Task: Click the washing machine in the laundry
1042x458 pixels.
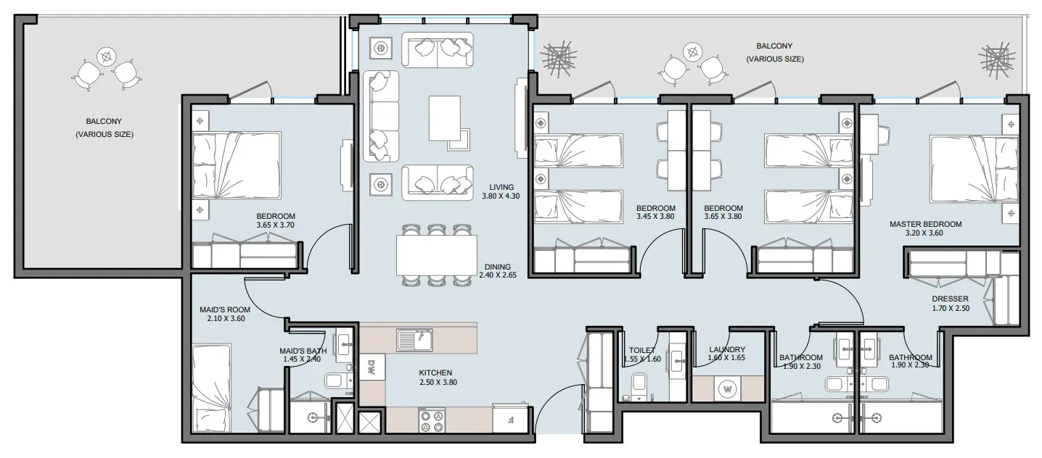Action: coord(728,388)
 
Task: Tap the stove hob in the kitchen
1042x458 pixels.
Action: coord(432,420)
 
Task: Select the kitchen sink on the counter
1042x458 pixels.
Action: coord(414,340)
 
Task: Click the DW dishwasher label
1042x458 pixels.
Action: coord(372,367)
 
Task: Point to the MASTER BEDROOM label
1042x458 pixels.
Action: coord(926,224)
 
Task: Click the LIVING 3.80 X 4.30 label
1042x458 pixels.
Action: coord(501,192)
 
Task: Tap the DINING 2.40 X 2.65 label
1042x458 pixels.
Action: coord(498,271)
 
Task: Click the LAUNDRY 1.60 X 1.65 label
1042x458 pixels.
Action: coord(726,354)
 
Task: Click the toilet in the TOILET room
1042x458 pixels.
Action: coord(639,386)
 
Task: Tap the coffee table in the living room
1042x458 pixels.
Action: coord(445,118)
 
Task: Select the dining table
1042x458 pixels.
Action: coord(437,256)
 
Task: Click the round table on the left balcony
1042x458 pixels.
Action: coord(107,57)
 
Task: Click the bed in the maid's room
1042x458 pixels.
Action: coord(212,388)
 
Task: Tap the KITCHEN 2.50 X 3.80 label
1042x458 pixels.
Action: coord(438,378)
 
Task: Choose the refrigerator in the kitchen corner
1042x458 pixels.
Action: coord(510,419)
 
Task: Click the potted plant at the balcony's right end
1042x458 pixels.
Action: coord(996,61)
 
